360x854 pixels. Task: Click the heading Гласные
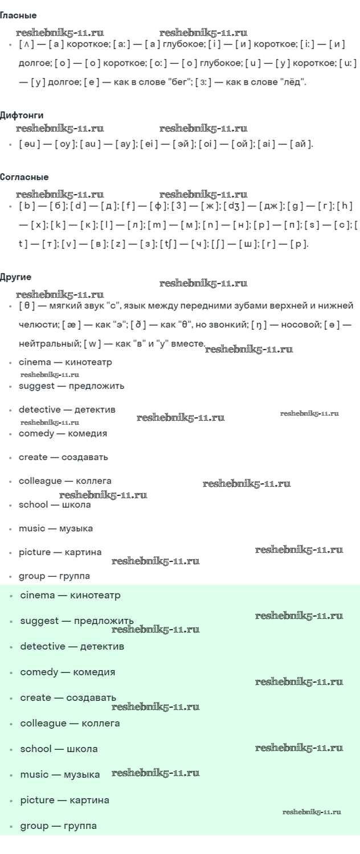pos(18,15)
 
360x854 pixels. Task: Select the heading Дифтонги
pos(22,115)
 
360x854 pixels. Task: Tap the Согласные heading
pos(24,177)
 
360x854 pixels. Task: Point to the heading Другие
pos(15,277)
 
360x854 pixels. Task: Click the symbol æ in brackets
pos(71,325)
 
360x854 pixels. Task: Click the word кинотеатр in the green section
pos(95,595)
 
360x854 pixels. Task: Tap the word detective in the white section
pos(40,409)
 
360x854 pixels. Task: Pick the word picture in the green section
pos(38,800)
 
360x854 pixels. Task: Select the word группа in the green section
pos(80,826)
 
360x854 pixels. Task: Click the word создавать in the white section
pos(85,457)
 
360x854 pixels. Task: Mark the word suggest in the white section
pos(36,386)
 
